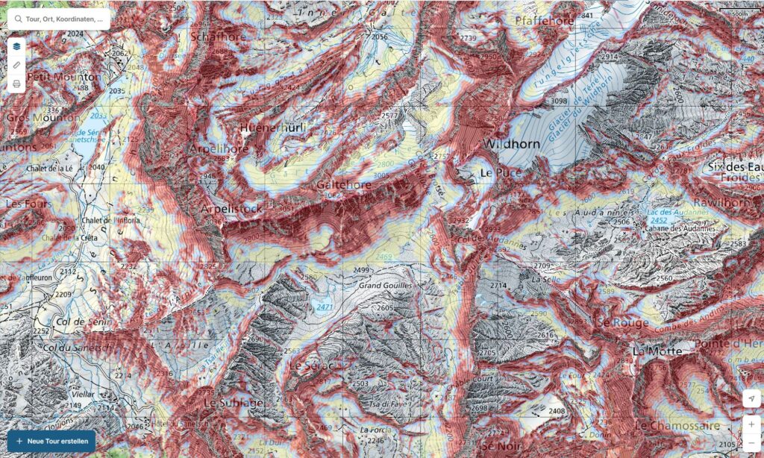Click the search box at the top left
(x=60, y=19)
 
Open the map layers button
(x=16, y=46)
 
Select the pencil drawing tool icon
(x=16, y=65)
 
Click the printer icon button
(x=16, y=84)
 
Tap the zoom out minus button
(x=752, y=443)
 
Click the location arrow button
(x=752, y=399)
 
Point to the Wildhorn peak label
(x=511, y=144)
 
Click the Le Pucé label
(x=497, y=172)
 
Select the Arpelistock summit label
(x=231, y=209)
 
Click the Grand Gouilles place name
(x=386, y=286)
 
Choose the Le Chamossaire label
(x=677, y=425)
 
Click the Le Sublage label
(x=233, y=403)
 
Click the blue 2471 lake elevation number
(x=325, y=307)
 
